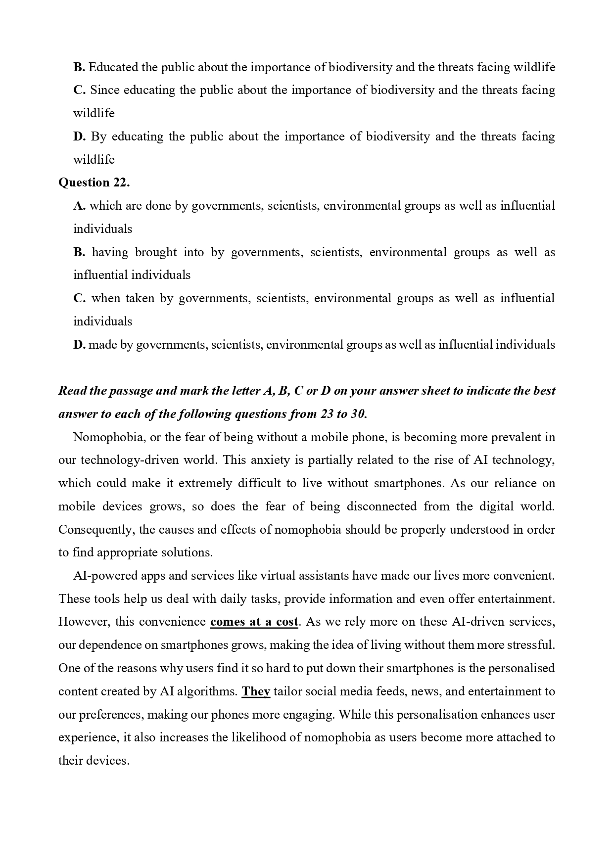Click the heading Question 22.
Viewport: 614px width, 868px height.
[94, 183]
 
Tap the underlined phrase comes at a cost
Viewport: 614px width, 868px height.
[254, 622]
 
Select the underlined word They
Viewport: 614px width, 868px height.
[255, 691]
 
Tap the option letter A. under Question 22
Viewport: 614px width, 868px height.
[79, 206]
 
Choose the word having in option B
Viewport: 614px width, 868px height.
[110, 252]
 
